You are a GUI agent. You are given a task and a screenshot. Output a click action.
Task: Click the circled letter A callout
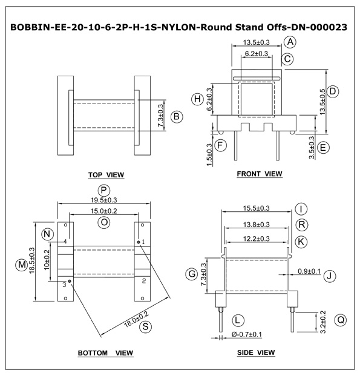pyautogui.click(x=290, y=42)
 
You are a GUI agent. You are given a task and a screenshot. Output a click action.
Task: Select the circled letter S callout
pyautogui.click(x=145, y=326)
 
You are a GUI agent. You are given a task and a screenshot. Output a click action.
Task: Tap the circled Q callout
pyautogui.click(x=341, y=320)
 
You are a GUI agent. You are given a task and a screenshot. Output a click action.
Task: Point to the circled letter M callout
pyautogui.click(x=22, y=265)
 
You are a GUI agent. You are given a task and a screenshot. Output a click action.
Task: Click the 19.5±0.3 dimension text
pyautogui.click(x=103, y=200)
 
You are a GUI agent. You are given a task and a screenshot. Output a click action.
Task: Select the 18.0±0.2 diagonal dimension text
pyautogui.click(x=136, y=320)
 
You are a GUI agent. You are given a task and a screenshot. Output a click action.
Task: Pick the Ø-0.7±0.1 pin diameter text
pyautogui.click(x=247, y=334)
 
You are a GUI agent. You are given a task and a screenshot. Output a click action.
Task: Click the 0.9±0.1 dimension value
pyautogui.click(x=309, y=271)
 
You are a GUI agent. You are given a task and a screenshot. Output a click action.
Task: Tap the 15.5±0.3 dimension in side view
pyautogui.click(x=256, y=208)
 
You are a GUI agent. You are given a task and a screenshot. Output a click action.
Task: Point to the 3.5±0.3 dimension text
pyautogui.click(x=312, y=148)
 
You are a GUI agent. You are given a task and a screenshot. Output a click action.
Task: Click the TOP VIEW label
pyautogui.click(x=106, y=175)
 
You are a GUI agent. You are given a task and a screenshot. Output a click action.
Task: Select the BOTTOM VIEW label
pyautogui.click(x=105, y=353)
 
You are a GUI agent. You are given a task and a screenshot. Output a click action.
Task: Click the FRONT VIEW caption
pyautogui.click(x=260, y=174)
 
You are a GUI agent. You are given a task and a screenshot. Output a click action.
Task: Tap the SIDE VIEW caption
pyautogui.click(x=256, y=352)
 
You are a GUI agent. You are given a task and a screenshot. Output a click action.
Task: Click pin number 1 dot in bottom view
pyautogui.click(x=139, y=242)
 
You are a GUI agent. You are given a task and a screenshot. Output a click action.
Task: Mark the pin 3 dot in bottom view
pyautogui.click(x=70, y=281)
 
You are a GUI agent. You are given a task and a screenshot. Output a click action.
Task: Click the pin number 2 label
pyautogui.click(x=144, y=281)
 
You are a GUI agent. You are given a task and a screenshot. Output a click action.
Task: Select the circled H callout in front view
pyautogui.click(x=197, y=99)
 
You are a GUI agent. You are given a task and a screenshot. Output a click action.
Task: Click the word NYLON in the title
pyautogui.click(x=179, y=27)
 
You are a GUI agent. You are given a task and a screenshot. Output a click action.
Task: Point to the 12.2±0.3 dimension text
pyautogui.click(x=256, y=239)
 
